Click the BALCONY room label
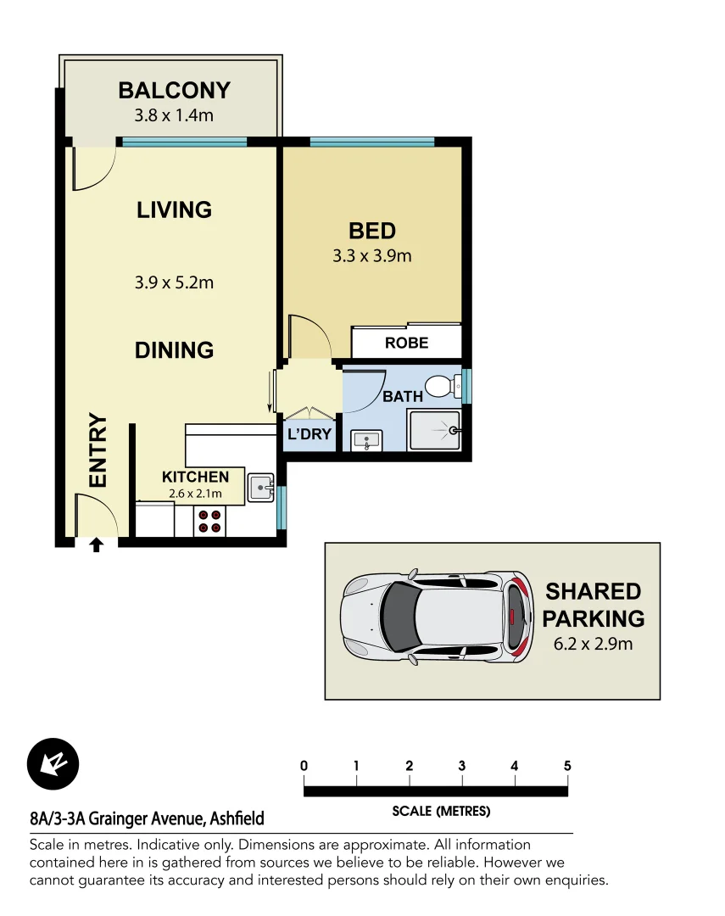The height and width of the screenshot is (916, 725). click(174, 90)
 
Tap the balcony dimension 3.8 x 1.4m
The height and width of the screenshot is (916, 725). click(174, 114)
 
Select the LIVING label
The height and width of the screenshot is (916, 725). click(174, 209)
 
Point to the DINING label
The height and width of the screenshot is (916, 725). click(174, 349)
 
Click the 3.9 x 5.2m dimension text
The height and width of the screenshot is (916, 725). click(174, 282)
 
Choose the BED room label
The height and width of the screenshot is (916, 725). click(372, 231)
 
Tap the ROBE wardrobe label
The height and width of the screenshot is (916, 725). click(407, 343)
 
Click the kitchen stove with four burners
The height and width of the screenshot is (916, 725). click(210, 522)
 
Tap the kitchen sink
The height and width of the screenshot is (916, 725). click(259, 488)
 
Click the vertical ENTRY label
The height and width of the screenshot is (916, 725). click(98, 450)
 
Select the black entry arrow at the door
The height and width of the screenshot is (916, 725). click(96, 545)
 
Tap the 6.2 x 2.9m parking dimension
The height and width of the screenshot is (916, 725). click(593, 644)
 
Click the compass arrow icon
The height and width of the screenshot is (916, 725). click(53, 764)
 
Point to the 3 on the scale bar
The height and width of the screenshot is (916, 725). click(462, 766)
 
